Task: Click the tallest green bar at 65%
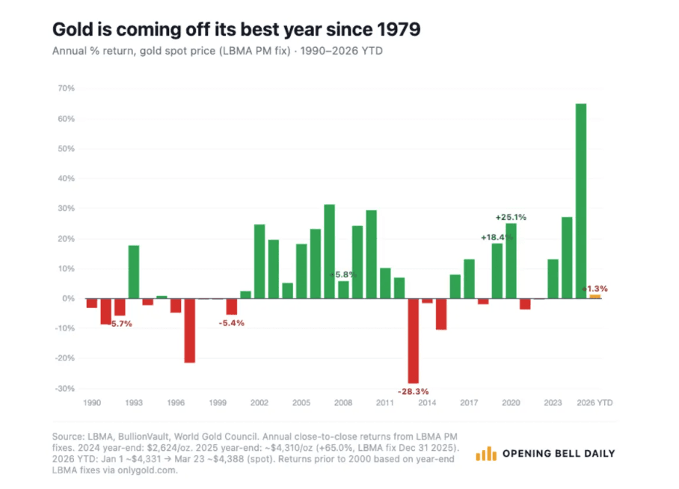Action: pos(581,201)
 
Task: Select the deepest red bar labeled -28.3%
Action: pos(413,341)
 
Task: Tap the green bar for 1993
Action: pos(134,272)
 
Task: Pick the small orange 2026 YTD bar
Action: pos(595,297)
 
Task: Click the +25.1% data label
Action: pos(511,217)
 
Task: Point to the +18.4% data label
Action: pos(497,237)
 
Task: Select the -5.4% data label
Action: pos(232,323)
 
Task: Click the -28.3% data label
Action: pos(413,392)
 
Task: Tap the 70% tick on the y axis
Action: pos(67,88)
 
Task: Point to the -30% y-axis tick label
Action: pos(65,389)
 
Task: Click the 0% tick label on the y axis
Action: pos(68,298)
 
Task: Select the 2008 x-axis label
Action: pos(343,403)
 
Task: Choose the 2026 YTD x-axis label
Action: pos(594,403)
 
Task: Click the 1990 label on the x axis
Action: pos(92,403)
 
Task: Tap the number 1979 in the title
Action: pos(398,29)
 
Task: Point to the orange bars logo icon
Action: pos(486,453)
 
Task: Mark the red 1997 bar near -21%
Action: pos(190,330)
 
